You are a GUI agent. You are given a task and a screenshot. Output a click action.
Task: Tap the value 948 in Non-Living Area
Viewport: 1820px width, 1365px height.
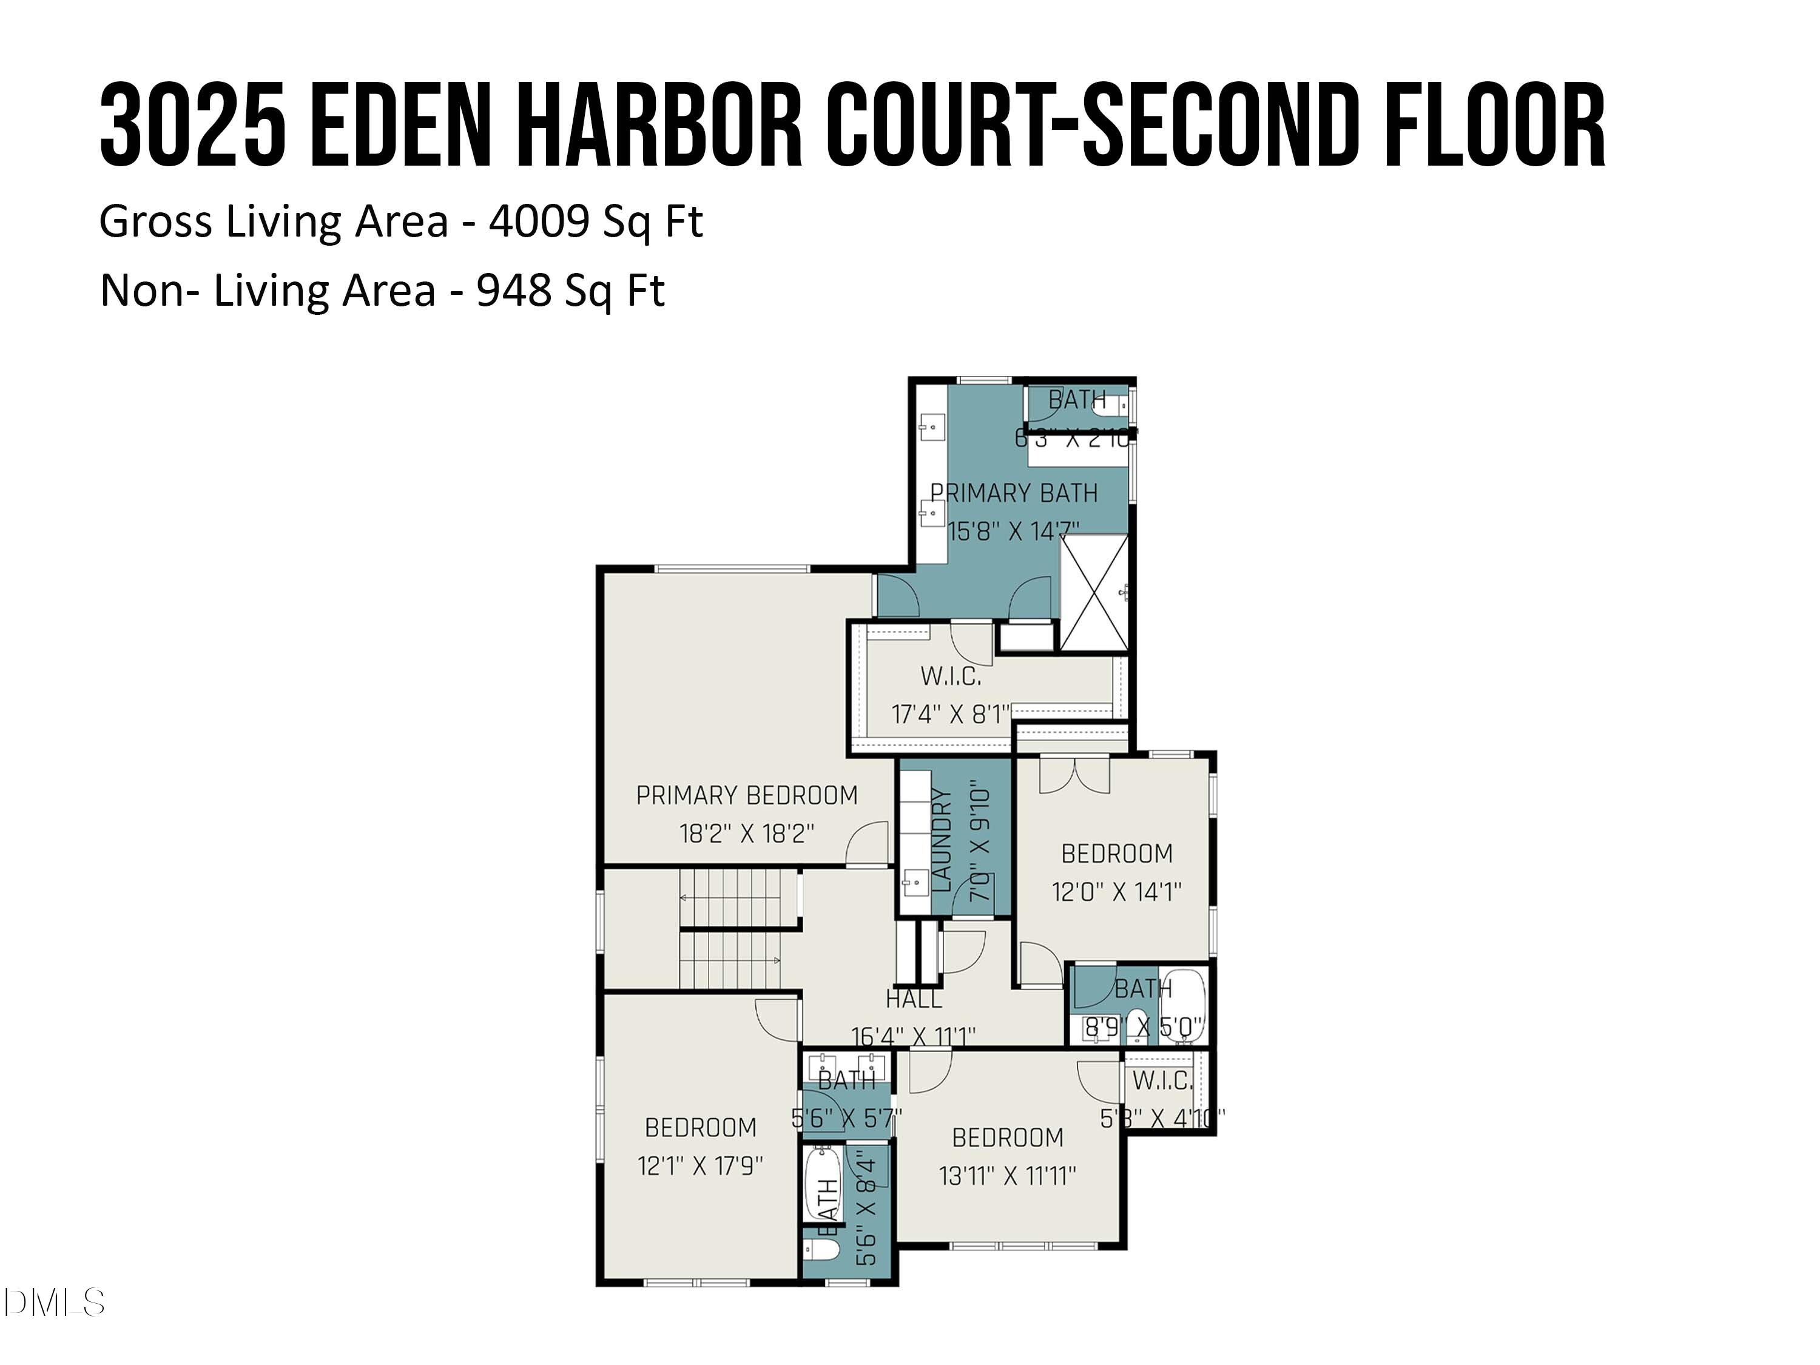(513, 291)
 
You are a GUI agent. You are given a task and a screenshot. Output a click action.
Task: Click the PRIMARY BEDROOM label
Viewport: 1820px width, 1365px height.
(746, 795)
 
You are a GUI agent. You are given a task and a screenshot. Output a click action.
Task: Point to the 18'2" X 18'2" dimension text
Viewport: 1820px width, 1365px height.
(746, 834)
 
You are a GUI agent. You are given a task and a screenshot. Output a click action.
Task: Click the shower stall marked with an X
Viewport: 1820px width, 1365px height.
(1094, 592)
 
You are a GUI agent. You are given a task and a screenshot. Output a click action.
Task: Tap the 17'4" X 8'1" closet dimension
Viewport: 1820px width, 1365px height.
(950, 714)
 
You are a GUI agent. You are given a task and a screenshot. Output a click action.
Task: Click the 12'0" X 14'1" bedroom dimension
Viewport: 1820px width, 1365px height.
(1116, 892)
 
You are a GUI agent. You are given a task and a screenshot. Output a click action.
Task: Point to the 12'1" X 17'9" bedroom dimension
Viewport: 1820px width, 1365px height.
(700, 1166)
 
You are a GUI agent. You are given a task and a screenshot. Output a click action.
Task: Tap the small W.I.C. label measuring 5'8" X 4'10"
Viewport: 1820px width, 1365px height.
(1162, 1081)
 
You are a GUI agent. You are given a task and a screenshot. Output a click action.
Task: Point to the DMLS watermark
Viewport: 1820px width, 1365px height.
(53, 1303)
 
